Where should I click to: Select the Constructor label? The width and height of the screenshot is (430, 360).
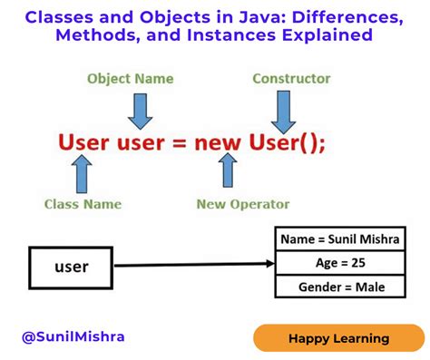coord(292,79)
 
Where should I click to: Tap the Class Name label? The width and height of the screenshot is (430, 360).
coord(83,204)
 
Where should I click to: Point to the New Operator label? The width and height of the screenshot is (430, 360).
coord(243,204)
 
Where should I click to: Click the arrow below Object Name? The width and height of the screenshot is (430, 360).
coord(140,110)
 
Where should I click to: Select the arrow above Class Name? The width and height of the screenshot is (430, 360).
coord(83,172)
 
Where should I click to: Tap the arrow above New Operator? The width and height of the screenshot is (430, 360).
coord(229,170)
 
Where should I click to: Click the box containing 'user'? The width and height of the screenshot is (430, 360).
coord(71,267)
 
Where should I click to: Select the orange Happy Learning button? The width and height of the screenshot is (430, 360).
coord(338,338)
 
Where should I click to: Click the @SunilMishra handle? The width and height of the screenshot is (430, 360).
coord(73,336)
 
